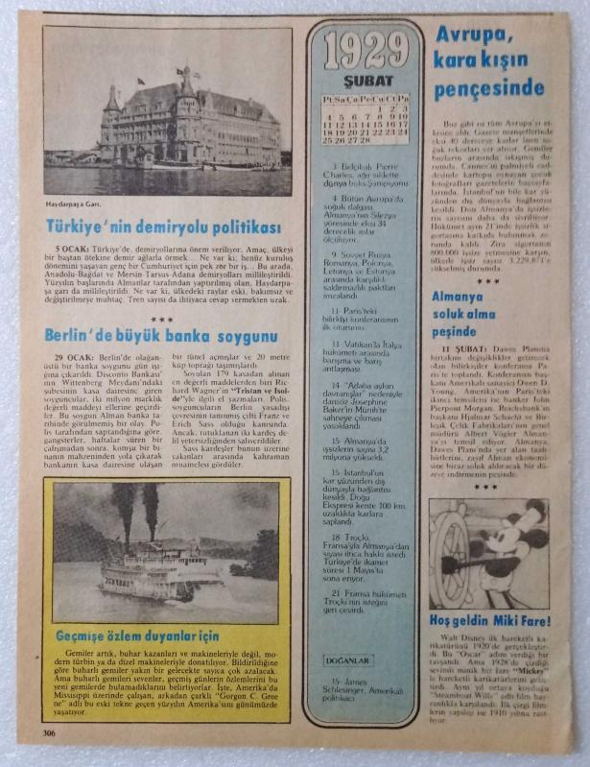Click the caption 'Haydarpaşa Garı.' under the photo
click(75, 204)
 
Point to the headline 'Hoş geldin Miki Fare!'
click(488, 621)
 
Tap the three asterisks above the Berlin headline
click(161, 317)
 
